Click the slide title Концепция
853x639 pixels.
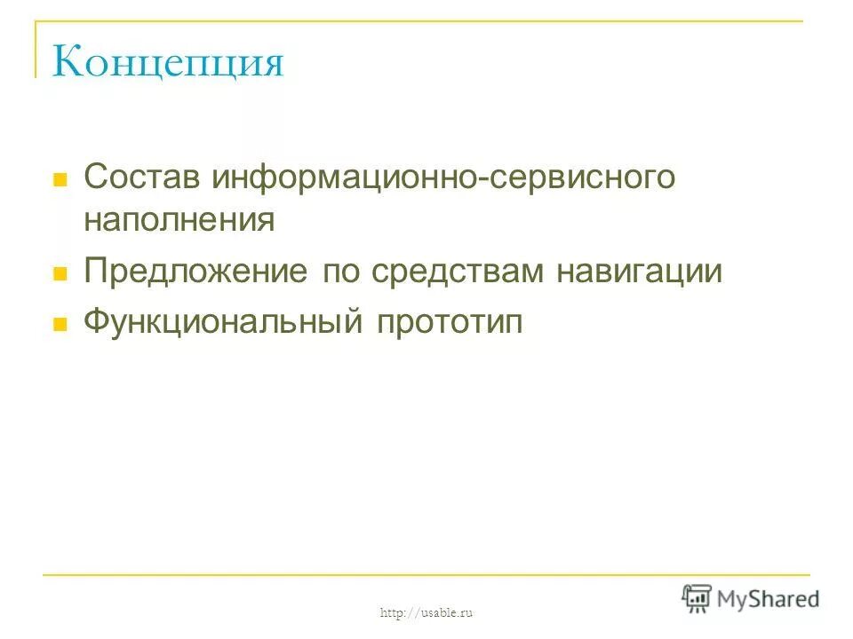pyautogui.click(x=168, y=63)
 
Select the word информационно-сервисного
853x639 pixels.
pyautogui.click(x=443, y=177)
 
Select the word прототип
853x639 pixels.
pyautogui.click(x=451, y=321)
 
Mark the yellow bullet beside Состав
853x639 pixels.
pyautogui.click(x=61, y=178)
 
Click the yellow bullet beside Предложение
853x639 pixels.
pyautogui.click(x=61, y=274)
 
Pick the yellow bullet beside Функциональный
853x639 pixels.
pyautogui.click(x=61, y=324)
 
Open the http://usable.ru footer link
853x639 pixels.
pyautogui.click(x=426, y=612)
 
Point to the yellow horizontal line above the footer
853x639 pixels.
pyautogui.click(x=426, y=575)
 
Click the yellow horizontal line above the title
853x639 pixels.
pyautogui.click(x=418, y=21)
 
